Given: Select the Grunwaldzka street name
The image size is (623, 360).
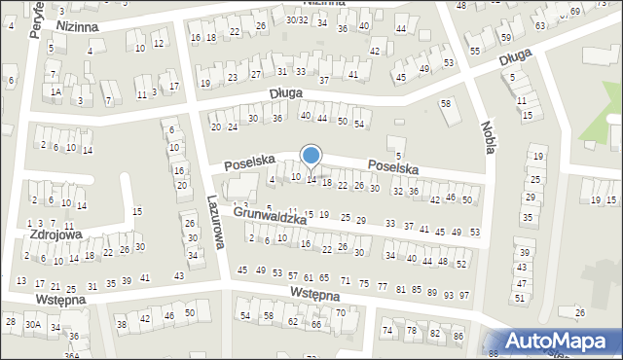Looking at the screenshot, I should pyautogui.click(x=271, y=214).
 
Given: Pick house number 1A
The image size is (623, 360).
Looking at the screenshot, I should pyautogui.click(x=55, y=91).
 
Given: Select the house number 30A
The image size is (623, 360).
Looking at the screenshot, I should pyautogui.click(x=33, y=324).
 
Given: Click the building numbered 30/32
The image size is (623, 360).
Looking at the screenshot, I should pyautogui.click(x=297, y=19).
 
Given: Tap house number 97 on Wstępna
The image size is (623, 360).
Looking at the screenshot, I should pyautogui.click(x=464, y=295).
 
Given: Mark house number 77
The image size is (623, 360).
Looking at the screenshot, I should pyautogui.click(x=383, y=288).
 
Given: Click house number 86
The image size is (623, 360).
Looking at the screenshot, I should pyautogui.click(x=458, y=336).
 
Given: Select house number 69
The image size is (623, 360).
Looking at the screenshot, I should pyautogui.click(x=575, y=11).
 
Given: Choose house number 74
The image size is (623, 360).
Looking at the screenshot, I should pyautogui.click(x=387, y=331).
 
